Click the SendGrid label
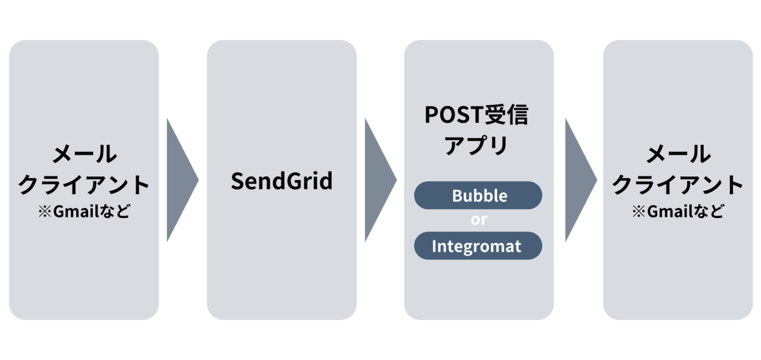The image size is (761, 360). [282, 181]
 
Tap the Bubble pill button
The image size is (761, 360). [478, 195]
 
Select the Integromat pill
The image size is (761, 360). [478, 246]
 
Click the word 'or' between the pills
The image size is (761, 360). [479, 220]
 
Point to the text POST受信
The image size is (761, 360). [476, 115]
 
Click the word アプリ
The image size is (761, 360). [476, 145]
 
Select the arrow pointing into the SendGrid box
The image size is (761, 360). [183, 180]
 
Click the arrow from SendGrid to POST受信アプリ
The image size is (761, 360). [380, 180]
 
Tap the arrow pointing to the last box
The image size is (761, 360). [581, 180]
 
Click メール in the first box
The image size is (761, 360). [84, 154]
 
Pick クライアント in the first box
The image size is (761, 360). [84, 185]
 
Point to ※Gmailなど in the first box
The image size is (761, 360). [84, 211]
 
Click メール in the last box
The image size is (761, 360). [678, 154]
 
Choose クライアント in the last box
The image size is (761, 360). [678, 185]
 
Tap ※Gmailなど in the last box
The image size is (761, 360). [678, 211]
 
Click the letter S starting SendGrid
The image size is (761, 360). [237, 181]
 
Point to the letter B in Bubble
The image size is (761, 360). [458, 196]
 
